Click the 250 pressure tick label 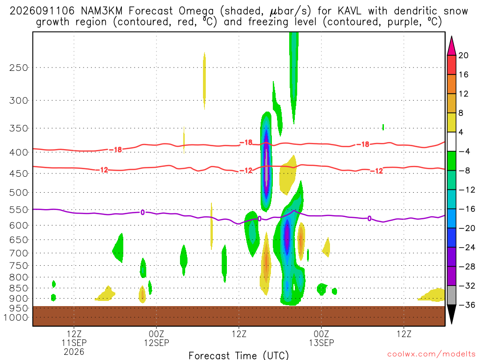18,67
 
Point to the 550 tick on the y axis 18,210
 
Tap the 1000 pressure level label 15,317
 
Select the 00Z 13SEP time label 322,338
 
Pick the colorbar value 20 463,55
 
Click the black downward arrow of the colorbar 451,313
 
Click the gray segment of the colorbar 451,295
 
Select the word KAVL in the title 350,11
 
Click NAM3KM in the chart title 102,11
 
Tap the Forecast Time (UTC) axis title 239,355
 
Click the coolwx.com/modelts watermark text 431,354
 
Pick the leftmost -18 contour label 115,150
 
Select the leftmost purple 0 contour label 142,212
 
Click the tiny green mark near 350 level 383,127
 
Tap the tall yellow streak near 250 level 204,81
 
